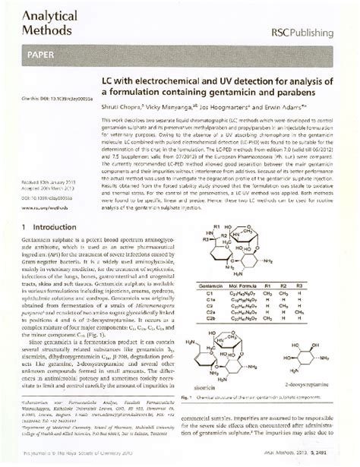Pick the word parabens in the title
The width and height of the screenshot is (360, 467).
coord(297,93)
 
